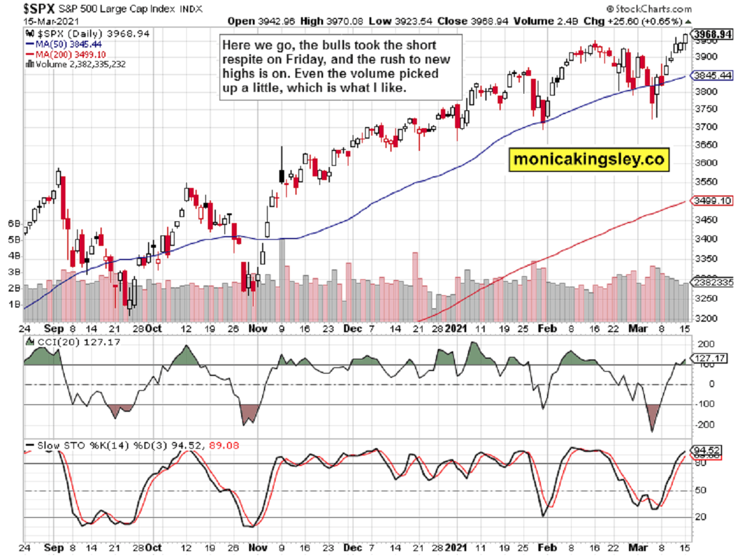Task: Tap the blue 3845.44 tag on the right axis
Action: [x=711, y=75]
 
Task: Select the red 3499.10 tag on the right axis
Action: [x=711, y=201]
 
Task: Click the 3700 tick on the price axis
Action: [x=704, y=127]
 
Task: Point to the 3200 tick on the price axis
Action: [x=704, y=319]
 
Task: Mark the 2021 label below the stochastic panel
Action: [x=457, y=547]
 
